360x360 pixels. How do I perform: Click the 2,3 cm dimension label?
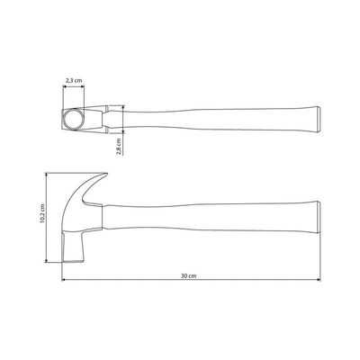[x=74, y=80]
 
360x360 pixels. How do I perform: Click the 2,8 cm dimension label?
[x=119, y=147]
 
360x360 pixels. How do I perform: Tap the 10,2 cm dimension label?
[x=42, y=213]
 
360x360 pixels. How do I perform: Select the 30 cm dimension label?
[x=189, y=275]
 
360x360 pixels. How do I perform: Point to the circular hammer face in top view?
[x=73, y=119]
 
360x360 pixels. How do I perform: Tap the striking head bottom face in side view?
[x=74, y=261]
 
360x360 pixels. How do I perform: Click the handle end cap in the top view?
[x=318, y=119]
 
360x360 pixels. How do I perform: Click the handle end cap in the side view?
[x=318, y=218]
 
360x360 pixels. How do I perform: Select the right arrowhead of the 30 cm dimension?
[x=319, y=280]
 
